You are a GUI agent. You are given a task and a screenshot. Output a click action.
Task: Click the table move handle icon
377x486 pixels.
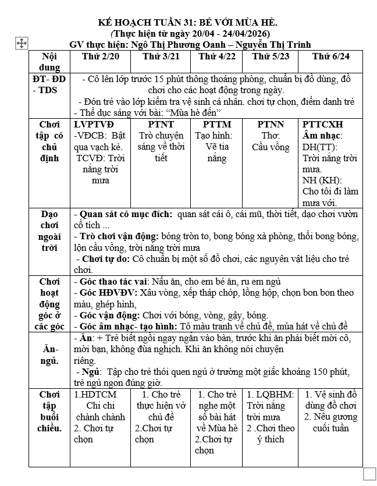(x=21, y=44)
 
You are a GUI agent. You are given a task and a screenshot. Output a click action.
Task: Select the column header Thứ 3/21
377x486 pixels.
(x=158, y=56)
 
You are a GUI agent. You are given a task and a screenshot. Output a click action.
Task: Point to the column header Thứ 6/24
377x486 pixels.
(x=330, y=56)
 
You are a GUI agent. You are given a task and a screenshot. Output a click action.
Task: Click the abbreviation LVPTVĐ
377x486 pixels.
(x=94, y=125)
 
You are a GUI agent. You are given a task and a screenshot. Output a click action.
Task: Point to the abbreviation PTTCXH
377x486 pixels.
(x=323, y=125)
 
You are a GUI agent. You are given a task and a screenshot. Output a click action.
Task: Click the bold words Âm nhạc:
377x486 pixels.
(x=322, y=136)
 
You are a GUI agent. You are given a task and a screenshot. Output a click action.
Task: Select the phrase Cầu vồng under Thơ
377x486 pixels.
(x=271, y=147)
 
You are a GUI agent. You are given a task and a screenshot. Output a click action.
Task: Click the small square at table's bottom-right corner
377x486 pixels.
(x=369, y=473)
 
